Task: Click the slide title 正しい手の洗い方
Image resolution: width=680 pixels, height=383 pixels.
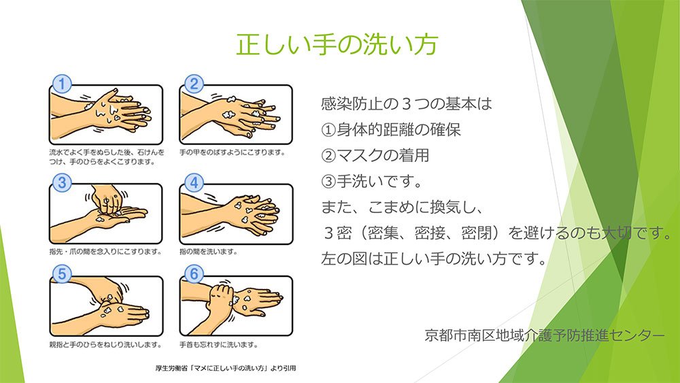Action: (337, 44)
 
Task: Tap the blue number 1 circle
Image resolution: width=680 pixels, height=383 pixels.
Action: (62, 84)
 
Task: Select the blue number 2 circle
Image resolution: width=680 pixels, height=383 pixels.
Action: (194, 84)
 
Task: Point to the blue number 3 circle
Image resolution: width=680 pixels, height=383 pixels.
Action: (62, 182)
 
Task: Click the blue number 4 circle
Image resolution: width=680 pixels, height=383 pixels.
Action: (194, 182)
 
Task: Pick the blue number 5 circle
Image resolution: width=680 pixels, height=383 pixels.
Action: (62, 274)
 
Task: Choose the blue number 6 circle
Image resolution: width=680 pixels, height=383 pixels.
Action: (194, 274)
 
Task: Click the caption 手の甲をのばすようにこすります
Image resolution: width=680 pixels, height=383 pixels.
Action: (233, 152)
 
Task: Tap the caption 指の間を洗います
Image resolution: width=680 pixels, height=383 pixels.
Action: (208, 252)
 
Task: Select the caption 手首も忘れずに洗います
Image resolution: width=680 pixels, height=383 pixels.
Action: (218, 345)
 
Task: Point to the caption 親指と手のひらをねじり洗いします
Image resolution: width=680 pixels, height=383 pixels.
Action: (105, 345)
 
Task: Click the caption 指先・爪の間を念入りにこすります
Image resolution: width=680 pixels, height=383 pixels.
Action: (105, 252)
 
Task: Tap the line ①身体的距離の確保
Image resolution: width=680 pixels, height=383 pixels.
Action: (391, 130)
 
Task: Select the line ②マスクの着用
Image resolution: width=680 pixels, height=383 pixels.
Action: (375, 155)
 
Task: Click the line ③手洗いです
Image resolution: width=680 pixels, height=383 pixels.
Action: (372, 182)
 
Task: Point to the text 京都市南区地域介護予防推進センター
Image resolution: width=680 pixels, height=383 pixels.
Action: (544, 335)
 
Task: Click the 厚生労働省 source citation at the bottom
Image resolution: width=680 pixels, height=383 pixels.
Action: (226, 368)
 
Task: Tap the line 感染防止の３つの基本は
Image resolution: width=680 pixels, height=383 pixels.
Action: (407, 103)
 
